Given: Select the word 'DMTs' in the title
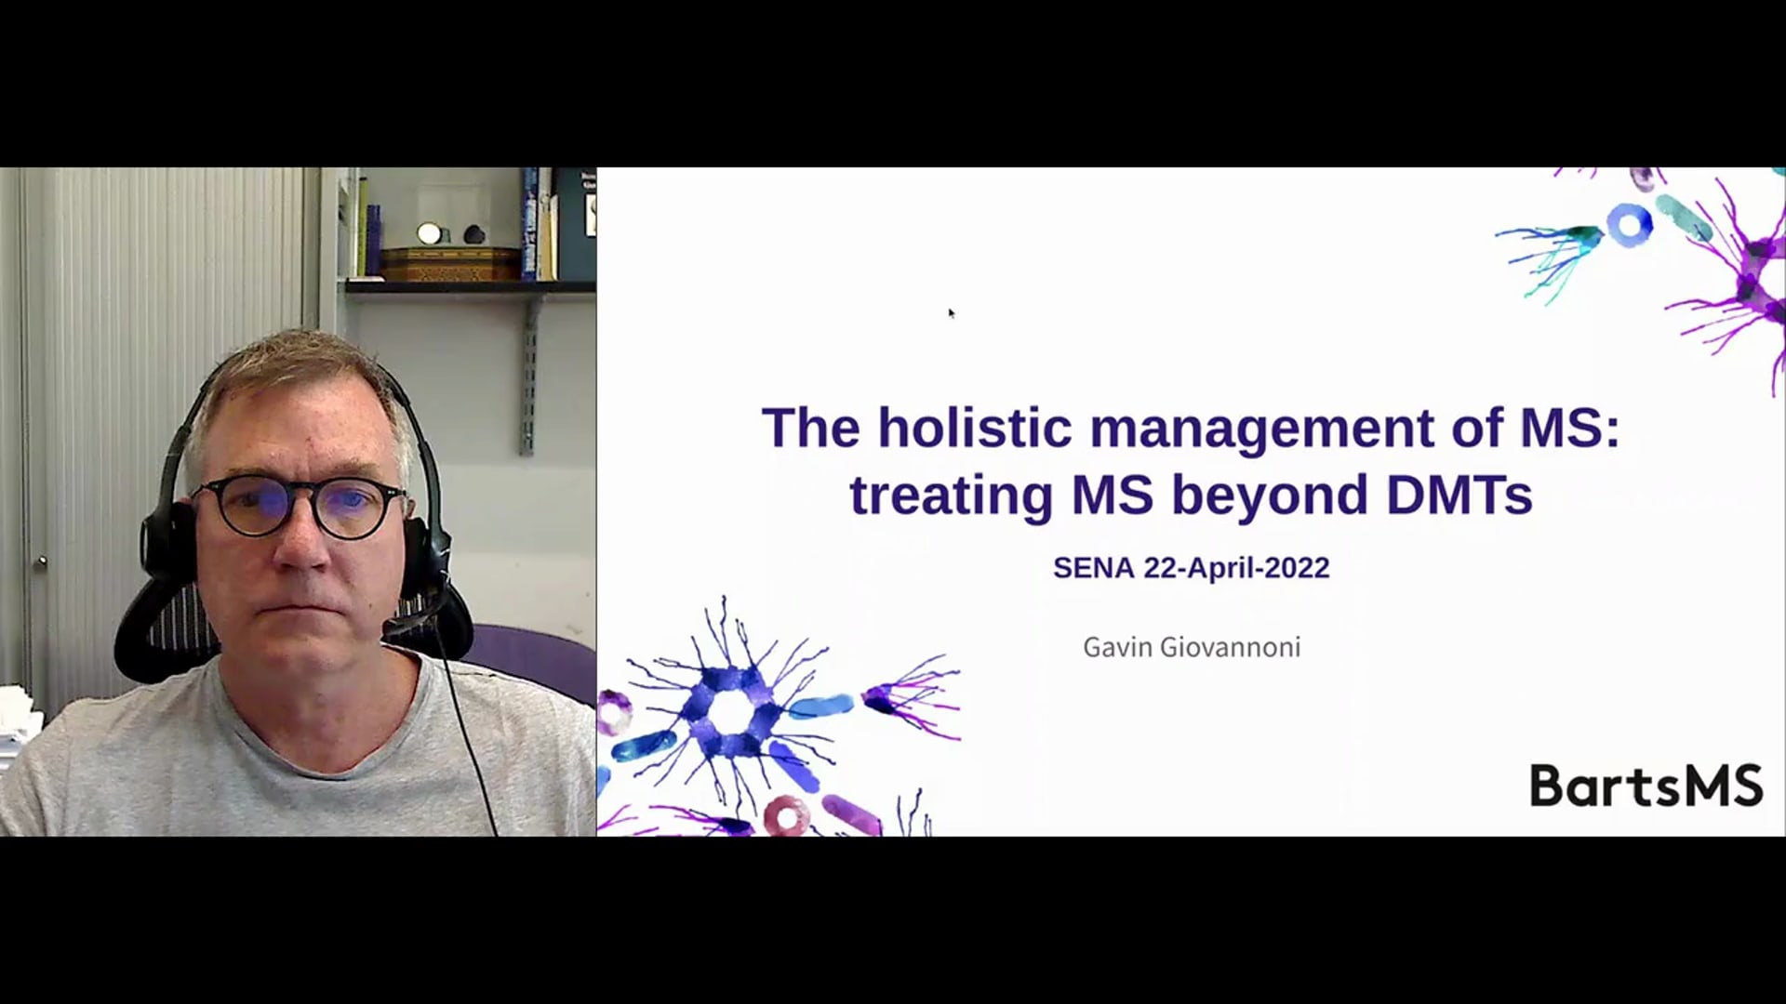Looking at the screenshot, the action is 1459,494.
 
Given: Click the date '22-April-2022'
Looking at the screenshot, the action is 1236,569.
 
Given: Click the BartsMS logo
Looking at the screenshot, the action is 1646,786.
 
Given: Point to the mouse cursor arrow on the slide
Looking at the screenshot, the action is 951,312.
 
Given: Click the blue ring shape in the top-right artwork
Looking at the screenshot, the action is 1630,226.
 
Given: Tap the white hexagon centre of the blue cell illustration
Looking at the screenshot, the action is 733,712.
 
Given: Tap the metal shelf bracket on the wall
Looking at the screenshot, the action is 528,373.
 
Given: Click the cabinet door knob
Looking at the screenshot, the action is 41,561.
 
